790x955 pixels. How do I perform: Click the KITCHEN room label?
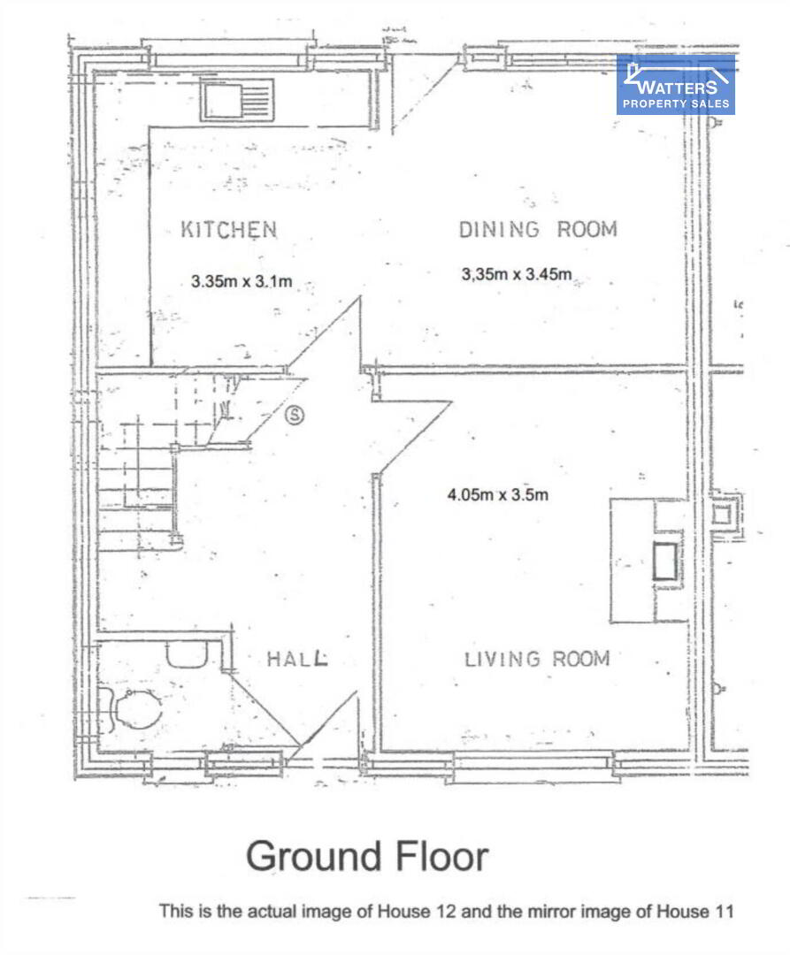click(x=229, y=230)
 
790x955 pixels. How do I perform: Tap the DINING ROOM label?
click(x=538, y=230)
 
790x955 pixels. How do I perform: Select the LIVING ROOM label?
click(x=537, y=659)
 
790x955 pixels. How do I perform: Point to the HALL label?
click(x=297, y=659)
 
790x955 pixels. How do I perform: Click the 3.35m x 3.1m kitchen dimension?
click(x=242, y=281)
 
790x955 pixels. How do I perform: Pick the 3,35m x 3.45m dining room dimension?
click(x=517, y=275)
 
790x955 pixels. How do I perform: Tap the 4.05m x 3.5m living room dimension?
click(x=498, y=494)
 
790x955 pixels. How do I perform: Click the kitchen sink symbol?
click(x=237, y=100)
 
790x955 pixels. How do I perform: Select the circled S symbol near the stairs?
click(x=295, y=415)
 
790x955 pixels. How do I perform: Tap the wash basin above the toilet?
click(x=188, y=654)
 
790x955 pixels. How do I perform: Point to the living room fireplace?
click(x=649, y=561)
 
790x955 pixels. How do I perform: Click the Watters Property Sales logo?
click(x=676, y=85)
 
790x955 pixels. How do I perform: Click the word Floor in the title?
click(x=442, y=856)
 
